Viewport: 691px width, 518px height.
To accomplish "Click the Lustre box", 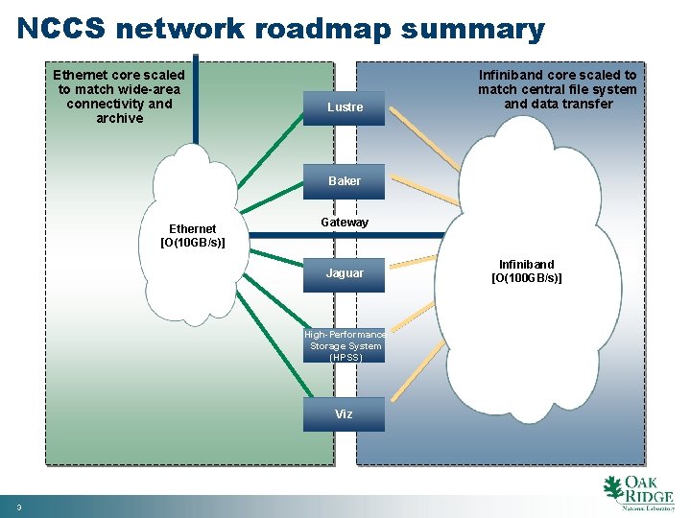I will pyautogui.click(x=345, y=107).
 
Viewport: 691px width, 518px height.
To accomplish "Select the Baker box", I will pyautogui.click(x=345, y=181).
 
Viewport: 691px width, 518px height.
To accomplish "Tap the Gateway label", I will pyautogui.click(x=345, y=223).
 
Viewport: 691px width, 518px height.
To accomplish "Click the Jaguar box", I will pyautogui.click(x=345, y=273).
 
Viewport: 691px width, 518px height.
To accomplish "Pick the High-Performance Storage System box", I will pyautogui.click(x=345, y=345).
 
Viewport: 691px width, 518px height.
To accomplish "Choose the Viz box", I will pyautogui.click(x=345, y=414).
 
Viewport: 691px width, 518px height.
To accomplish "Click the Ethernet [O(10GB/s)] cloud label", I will pyautogui.click(x=193, y=235).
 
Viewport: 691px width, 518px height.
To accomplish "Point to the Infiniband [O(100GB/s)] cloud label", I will pyautogui.click(x=527, y=271).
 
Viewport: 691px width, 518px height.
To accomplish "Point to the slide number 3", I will pyautogui.click(x=18, y=507).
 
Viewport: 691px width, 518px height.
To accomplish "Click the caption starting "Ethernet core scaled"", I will pyautogui.click(x=119, y=96).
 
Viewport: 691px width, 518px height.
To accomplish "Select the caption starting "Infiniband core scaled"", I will pyautogui.click(x=558, y=89).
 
